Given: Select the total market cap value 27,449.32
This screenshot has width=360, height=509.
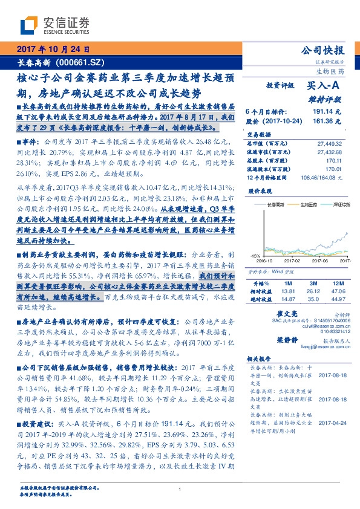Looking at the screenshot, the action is pyautogui.click(x=328, y=143).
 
